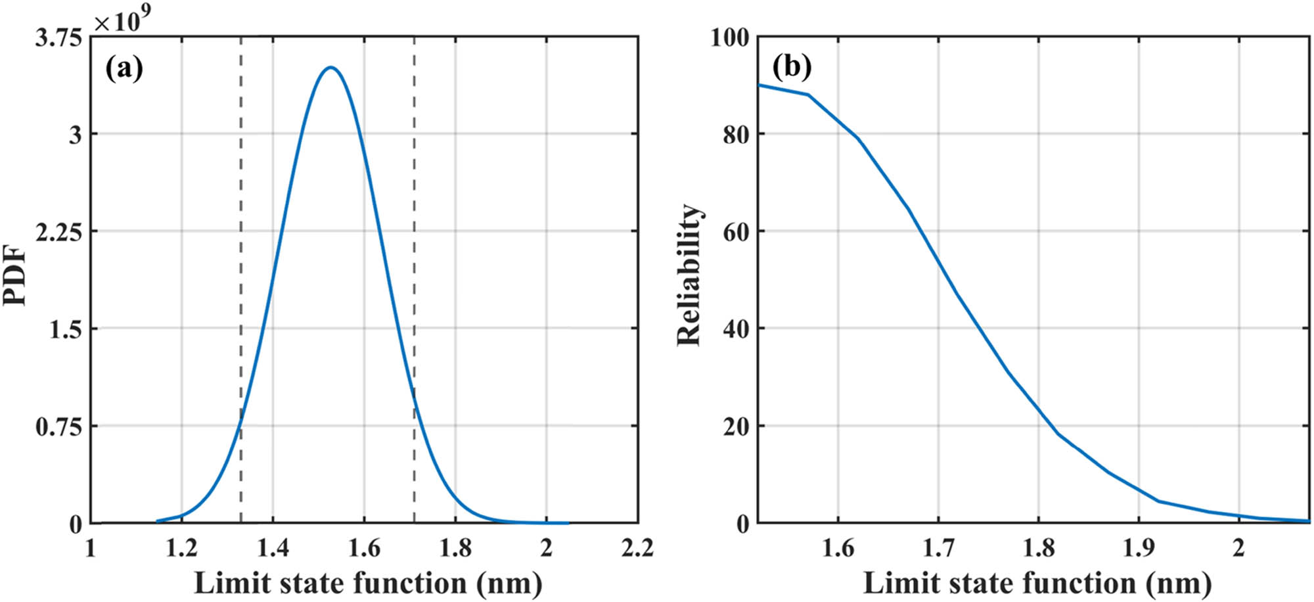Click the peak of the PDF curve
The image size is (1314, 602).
point(331,67)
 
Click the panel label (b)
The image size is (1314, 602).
point(792,66)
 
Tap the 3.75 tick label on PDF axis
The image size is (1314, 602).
point(58,38)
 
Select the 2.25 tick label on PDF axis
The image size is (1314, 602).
point(58,232)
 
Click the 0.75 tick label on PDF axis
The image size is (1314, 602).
point(58,427)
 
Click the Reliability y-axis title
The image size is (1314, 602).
point(689,274)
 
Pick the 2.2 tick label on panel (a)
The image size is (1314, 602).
point(637,547)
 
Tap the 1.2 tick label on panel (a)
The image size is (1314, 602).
point(181,547)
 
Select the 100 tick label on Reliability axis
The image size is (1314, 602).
point(730,37)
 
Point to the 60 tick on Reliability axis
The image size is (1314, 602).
point(736,232)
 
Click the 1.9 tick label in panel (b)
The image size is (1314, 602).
point(1139,547)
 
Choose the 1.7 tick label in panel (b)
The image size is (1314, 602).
point(938,547)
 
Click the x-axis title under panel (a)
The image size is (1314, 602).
point(368,583)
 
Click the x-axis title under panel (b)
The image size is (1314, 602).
point(1037,583)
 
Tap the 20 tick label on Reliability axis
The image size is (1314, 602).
point(736,427)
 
